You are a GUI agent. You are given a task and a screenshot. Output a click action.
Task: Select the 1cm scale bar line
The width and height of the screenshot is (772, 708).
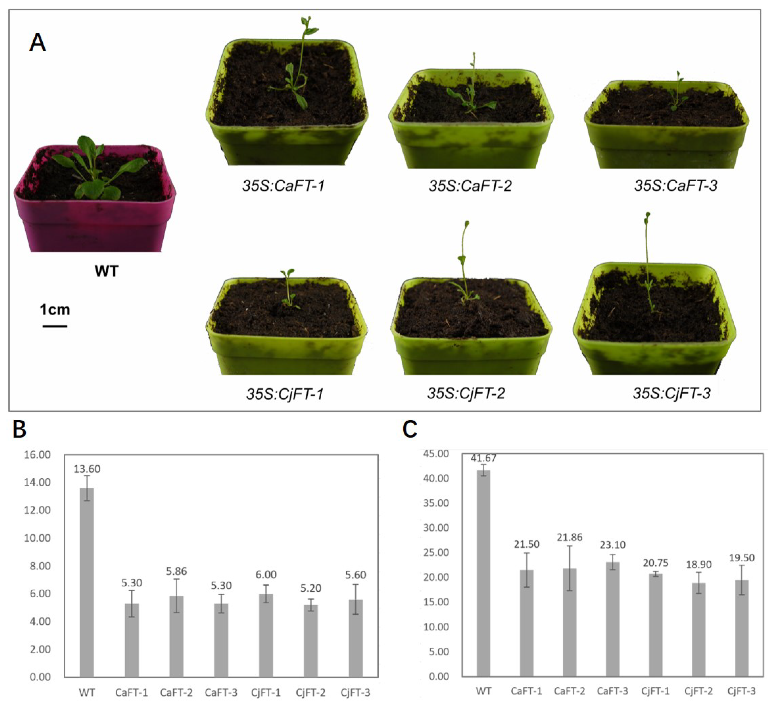[55, 326]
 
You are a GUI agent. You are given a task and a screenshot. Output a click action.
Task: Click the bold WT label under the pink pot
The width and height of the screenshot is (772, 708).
[106, 271]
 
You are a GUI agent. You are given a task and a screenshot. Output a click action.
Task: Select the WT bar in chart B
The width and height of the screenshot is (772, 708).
[87, 582]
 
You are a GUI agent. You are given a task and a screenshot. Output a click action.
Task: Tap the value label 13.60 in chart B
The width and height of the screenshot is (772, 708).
[87, 469]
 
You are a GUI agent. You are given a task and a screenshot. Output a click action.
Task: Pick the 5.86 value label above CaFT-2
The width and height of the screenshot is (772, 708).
[176, 571]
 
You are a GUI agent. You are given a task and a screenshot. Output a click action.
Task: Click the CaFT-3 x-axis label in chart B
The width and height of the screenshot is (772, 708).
[221, 693]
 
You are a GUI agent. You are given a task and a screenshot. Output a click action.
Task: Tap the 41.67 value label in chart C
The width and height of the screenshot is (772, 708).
[483, 458]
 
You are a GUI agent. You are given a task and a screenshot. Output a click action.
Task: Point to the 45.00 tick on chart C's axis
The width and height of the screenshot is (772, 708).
[436, 454]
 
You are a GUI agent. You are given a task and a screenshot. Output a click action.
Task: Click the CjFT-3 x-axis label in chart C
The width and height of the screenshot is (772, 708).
[742, 691]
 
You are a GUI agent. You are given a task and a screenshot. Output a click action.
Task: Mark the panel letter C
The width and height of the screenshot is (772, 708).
[410, 429]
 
